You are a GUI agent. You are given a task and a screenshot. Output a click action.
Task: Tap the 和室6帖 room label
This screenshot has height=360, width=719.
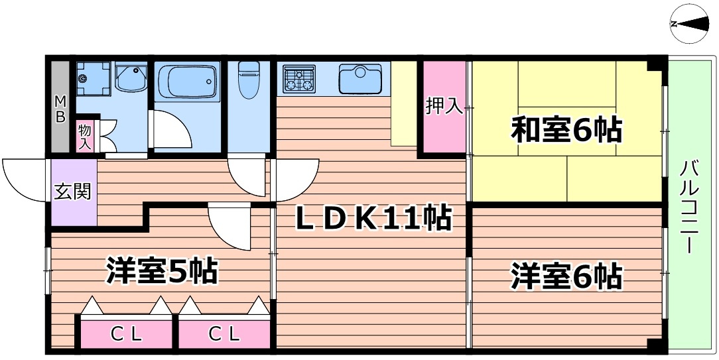click(x=566, y=131)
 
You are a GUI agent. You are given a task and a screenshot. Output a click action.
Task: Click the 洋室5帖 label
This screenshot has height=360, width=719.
click(x=162, y=270)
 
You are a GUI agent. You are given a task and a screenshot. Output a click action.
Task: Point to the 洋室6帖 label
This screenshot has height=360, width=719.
click(x=566, y=275)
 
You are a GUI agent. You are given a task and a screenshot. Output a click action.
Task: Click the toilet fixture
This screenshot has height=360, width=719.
click(x=248, y=80)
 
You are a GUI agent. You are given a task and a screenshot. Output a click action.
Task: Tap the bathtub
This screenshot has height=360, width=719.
click(x=190, y=83)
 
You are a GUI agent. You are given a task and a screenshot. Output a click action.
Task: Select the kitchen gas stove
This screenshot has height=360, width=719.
click(x=299, y=78)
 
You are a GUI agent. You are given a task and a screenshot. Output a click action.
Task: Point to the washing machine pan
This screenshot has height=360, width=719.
click(x=92, y=80)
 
